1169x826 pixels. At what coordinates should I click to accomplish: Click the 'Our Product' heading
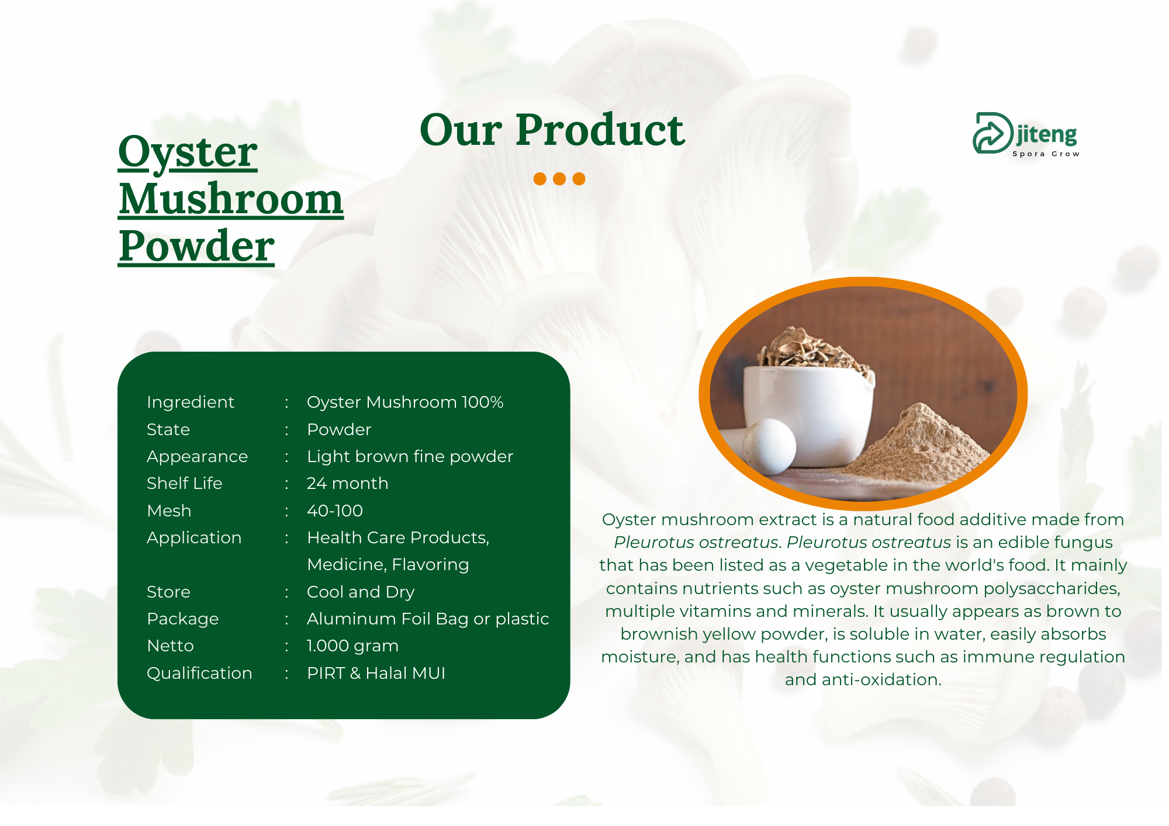pyautogui.click(x=552, y=130)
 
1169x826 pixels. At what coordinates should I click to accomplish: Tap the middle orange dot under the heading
pyautogui.click(x=559, y=179)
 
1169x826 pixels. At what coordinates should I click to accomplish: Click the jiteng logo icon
pyautogui.click(x=992, y=133)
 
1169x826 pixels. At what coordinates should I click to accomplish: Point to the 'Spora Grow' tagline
pyautogui.click(x=1046, y=154)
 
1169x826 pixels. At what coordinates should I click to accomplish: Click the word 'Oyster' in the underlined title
pyautogui.click(x=188, y=152)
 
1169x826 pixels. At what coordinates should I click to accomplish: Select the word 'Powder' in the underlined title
pyautogui.click(x=196, y=246)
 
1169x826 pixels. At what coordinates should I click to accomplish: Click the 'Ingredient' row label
pyautogui.click(x=191, y=402)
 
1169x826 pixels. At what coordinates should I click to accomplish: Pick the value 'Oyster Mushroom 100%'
pyautogui.click(x=405, y=402)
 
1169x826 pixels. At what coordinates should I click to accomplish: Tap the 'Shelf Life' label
pyautogui.click(x=185, y=483)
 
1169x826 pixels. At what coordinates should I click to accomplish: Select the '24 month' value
pyautogui.click(x=348, y=483)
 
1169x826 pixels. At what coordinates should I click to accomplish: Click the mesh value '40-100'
pyautogui.click(x=335, y=511)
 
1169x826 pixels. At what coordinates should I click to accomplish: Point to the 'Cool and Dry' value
pyautogui.click(x=361, y=592)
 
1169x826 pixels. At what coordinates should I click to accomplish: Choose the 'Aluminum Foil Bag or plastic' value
pyautogui.click(x=428, y=619)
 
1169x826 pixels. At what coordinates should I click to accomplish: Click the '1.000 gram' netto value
pyautogui.click(x=352, y=645)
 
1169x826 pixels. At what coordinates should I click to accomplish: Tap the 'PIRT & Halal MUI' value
pyautogui.click(x=376, y=673)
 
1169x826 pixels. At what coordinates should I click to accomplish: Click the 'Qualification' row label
pyautogui.click(x=199, y=673)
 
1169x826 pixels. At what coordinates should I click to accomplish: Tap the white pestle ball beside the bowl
pyautogui.click(x=769, y=446)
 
